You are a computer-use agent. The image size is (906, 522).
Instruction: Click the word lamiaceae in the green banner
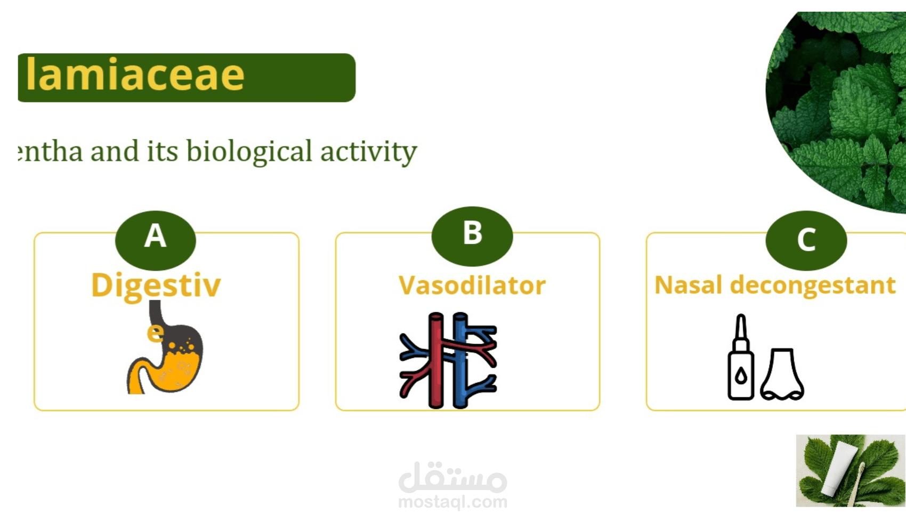[x=135, y=75]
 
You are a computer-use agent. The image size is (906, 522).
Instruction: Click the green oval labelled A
[x=156, y=240]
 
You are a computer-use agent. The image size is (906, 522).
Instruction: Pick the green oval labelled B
[x=472, y=236]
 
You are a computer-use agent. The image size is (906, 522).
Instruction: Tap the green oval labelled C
[x=806, y=240]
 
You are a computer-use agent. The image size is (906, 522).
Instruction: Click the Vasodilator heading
[x=472, y=286]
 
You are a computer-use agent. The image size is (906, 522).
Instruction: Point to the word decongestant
[x=813, y=286]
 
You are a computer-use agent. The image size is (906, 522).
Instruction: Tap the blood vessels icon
[x=448, y=360]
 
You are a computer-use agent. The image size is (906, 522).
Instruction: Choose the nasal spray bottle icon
[x=741, y=357]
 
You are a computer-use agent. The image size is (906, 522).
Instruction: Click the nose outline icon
[x=782, y=374]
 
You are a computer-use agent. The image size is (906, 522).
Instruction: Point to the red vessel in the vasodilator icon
[x=436, y=360]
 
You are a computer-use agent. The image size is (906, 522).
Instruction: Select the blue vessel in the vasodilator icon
[x=460, y=360]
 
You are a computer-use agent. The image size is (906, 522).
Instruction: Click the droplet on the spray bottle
[x=741, y=376]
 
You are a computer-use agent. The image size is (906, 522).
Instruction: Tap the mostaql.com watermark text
[x=453, y=502]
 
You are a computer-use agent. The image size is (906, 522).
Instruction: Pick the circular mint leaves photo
[x=836, y=112]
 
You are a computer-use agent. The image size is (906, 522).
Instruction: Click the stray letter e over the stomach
[x=155, y=333]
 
